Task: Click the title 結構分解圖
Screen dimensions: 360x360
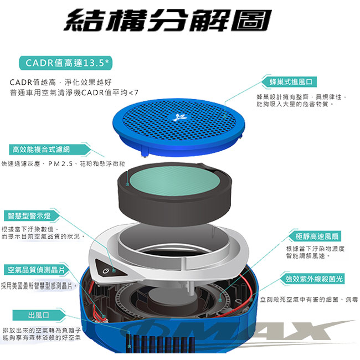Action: (168, 20)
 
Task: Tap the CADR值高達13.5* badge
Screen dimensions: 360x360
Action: (66, 63)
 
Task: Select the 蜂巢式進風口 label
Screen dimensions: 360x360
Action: (291, 82)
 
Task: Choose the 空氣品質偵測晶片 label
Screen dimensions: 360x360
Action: (36, 270)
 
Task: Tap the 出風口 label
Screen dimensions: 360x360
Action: (38, 315)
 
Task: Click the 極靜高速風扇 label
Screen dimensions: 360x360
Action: (317, 236)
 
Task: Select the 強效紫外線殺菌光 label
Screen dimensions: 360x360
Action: (314, 279)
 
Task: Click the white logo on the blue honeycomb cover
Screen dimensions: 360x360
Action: (180, 117)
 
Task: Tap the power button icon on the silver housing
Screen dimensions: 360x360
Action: (106, 271)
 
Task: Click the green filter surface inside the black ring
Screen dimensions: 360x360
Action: (174, 181)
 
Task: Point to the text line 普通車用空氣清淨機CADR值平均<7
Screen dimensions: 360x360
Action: (74, 92)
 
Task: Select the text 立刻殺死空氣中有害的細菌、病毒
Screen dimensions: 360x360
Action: (309, 300)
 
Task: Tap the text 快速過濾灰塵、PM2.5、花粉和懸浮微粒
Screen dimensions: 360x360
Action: (63, 164)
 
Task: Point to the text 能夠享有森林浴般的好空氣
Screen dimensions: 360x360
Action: (42, 337)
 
